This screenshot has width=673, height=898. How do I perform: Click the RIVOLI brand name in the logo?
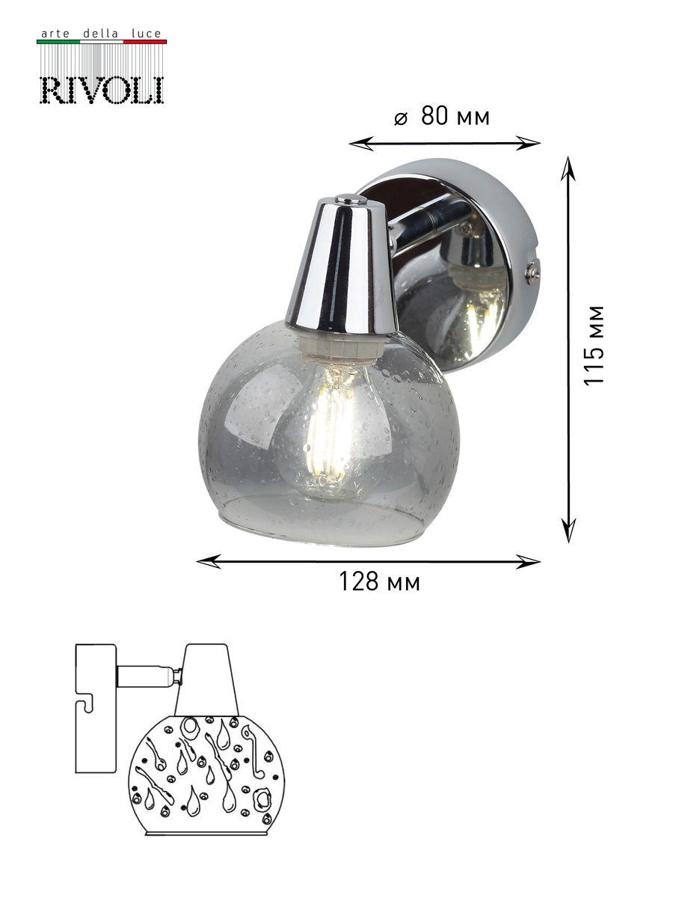(102, 90)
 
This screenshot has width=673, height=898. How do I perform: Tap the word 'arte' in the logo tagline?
(56, 34)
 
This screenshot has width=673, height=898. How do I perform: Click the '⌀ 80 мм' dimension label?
(442, 117)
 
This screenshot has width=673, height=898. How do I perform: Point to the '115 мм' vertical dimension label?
(594, 346)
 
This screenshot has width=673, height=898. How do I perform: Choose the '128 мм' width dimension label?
(380, 581)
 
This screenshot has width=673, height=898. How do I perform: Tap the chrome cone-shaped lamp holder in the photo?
(341, 264)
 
